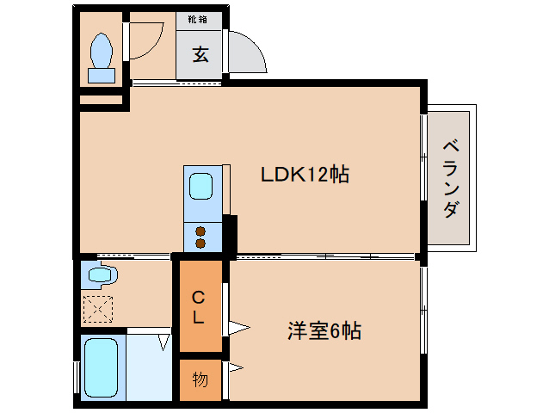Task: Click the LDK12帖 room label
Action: [x=305, y=175]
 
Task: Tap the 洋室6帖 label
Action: [x=323, y=330]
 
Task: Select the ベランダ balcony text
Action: [x=450, y=178]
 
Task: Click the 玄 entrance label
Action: [x=200, y=56]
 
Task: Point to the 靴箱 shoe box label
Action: [x=199, y=18]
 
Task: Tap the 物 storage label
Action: [x=200, y=379]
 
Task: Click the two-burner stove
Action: [x=201, y=237]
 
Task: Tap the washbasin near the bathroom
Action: [x=100, y=276]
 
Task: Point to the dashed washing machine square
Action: [x=97, y=307]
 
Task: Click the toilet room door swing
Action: [x=146, y=39]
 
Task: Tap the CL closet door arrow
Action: [x=237, y=327]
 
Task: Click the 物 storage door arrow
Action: [x=235, y=368]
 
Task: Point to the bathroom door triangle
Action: [x=163, y=342]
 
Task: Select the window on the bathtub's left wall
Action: [x=77, y=377]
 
